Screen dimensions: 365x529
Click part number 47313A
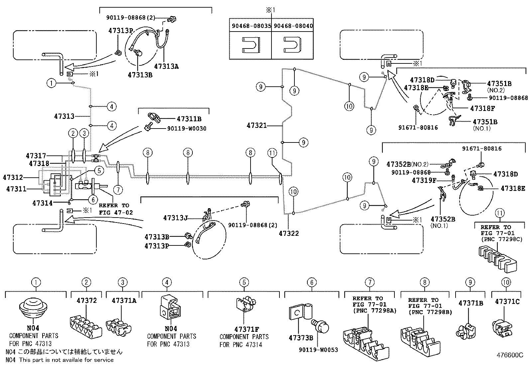coord(166,66)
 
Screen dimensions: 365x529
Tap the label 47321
coord(257,126)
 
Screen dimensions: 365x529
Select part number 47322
coord(289,233)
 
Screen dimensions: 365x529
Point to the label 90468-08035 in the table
coord(250,26)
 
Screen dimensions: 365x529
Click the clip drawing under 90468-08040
coord(293,45)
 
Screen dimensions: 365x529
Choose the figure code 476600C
coord(507,355)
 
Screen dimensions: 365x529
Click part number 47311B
coord(189,119)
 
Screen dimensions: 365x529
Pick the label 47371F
coord(246,329)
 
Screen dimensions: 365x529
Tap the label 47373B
coord(301,338)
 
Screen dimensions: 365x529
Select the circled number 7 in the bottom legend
coord(370,283)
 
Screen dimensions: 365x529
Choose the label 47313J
coord(175,218)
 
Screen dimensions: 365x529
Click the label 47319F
coord(424,180)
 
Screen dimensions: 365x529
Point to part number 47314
coord(42,203)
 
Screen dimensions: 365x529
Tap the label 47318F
coord(482,108)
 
